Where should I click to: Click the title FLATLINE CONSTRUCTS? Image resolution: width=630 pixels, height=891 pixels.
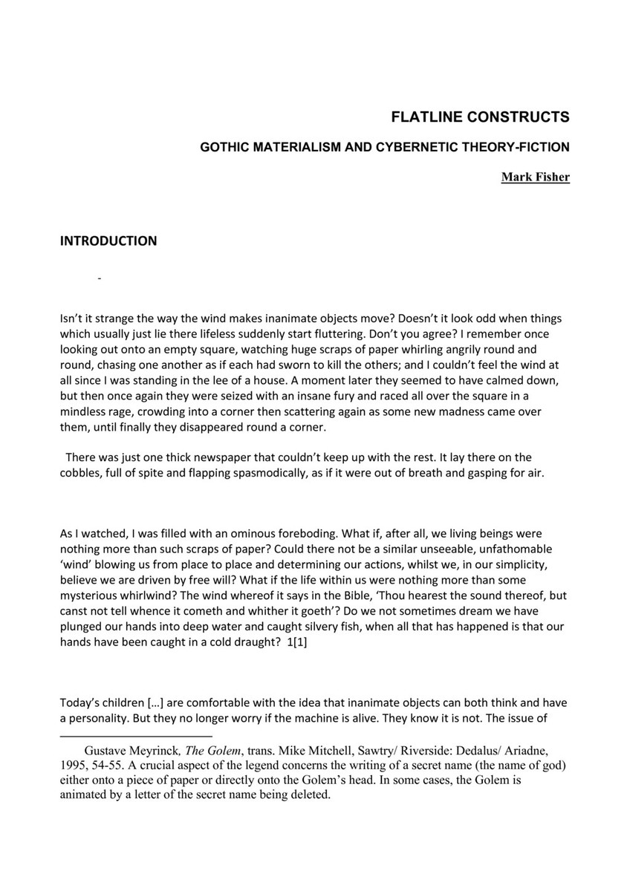(x=480, y=117)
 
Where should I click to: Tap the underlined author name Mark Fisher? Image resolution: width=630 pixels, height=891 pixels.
(x=535, y=177)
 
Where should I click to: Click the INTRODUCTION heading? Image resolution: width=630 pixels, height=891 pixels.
(x=108, y=241)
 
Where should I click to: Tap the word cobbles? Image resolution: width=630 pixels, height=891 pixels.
(x=79, y=472)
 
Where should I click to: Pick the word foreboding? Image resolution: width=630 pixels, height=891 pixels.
(x=290, y=534)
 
